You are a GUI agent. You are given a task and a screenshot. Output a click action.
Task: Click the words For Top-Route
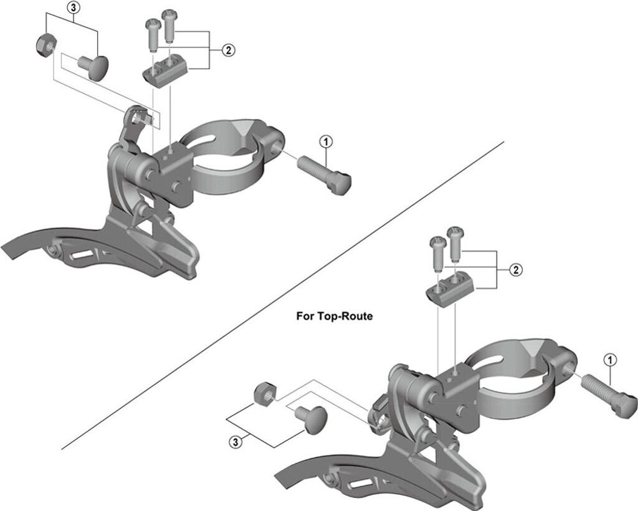pos(334,316)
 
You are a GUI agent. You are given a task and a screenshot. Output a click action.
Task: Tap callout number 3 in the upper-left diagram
pos(74,8)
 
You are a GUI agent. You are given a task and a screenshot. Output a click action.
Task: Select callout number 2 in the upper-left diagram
pos(229,50)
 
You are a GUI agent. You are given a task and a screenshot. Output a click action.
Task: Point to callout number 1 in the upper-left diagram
pos(325,141)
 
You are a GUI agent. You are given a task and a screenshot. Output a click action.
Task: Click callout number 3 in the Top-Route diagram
pos(235,442)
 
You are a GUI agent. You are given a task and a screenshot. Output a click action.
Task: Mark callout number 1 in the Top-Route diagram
pos(610,360)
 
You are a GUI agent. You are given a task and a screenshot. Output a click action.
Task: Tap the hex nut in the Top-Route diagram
pos(262,393)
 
